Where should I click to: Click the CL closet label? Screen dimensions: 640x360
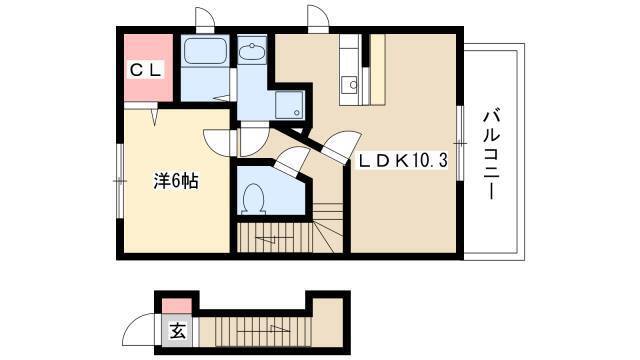(x=146, y=71)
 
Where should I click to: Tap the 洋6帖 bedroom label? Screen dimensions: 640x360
(x=176, y=181)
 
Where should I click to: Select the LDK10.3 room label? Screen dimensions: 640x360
(x=403, y=161)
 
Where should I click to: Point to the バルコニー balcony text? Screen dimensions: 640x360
(x=491, y=154)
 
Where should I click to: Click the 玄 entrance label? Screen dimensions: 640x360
(x=177, y=331)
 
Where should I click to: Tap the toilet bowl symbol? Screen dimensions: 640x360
(x=253, y=198)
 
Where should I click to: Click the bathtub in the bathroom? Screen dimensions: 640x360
(x=205, y=51)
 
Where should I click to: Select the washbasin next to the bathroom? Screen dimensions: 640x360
(x=252, y=51)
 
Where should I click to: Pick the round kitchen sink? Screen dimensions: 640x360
(x=353, y=85)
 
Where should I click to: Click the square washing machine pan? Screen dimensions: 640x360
(x=289, y=105)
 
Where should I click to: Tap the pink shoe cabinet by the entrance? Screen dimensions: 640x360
(x=177, y=306)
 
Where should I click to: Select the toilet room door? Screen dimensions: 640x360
(x=290, y=160)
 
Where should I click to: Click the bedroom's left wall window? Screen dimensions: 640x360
(x=120, y=181)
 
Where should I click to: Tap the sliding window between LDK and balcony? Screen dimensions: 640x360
(x=460, y=143)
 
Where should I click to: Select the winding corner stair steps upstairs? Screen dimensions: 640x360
(x=328, y=227)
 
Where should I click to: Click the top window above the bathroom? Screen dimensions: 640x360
(x=205, y=19)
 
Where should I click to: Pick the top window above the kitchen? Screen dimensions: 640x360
(x=318, y=19)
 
